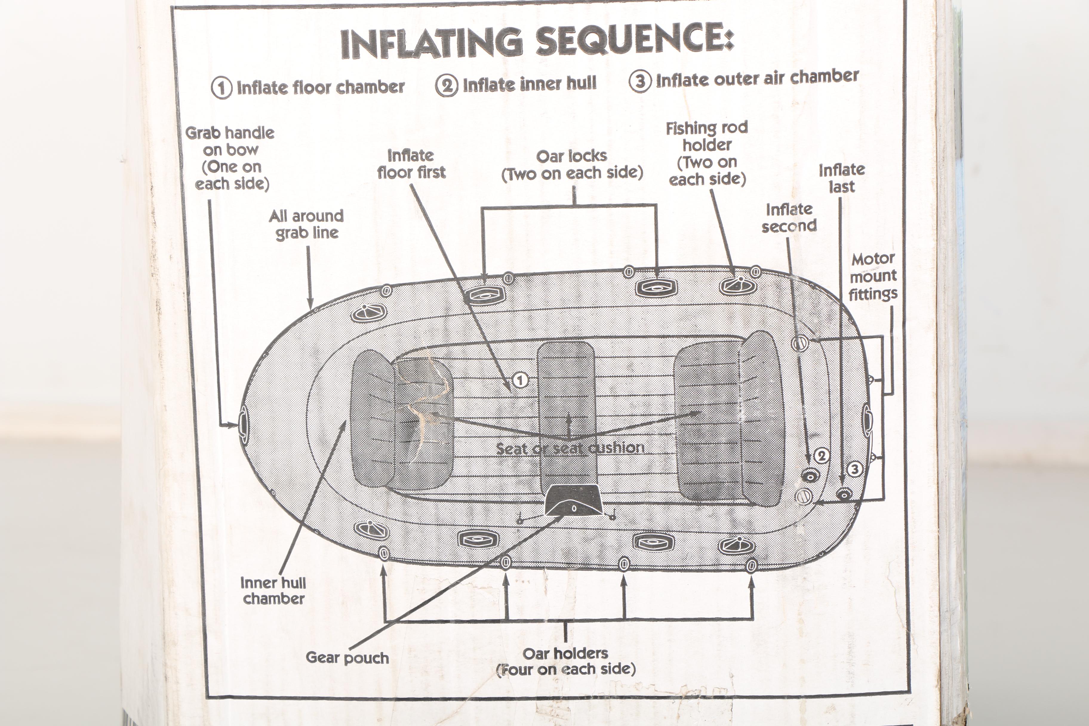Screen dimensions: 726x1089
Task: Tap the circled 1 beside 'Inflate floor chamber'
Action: (221, 87)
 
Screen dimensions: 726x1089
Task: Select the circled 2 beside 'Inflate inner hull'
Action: (446, 85)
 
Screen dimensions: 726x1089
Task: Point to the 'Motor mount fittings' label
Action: (873, 276)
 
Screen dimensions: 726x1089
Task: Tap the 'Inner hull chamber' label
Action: (273, 590)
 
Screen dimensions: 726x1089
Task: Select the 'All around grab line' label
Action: (307, 224)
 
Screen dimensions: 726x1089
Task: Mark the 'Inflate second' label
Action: (789, 218)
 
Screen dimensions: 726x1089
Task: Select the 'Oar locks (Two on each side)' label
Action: (572, 165)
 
